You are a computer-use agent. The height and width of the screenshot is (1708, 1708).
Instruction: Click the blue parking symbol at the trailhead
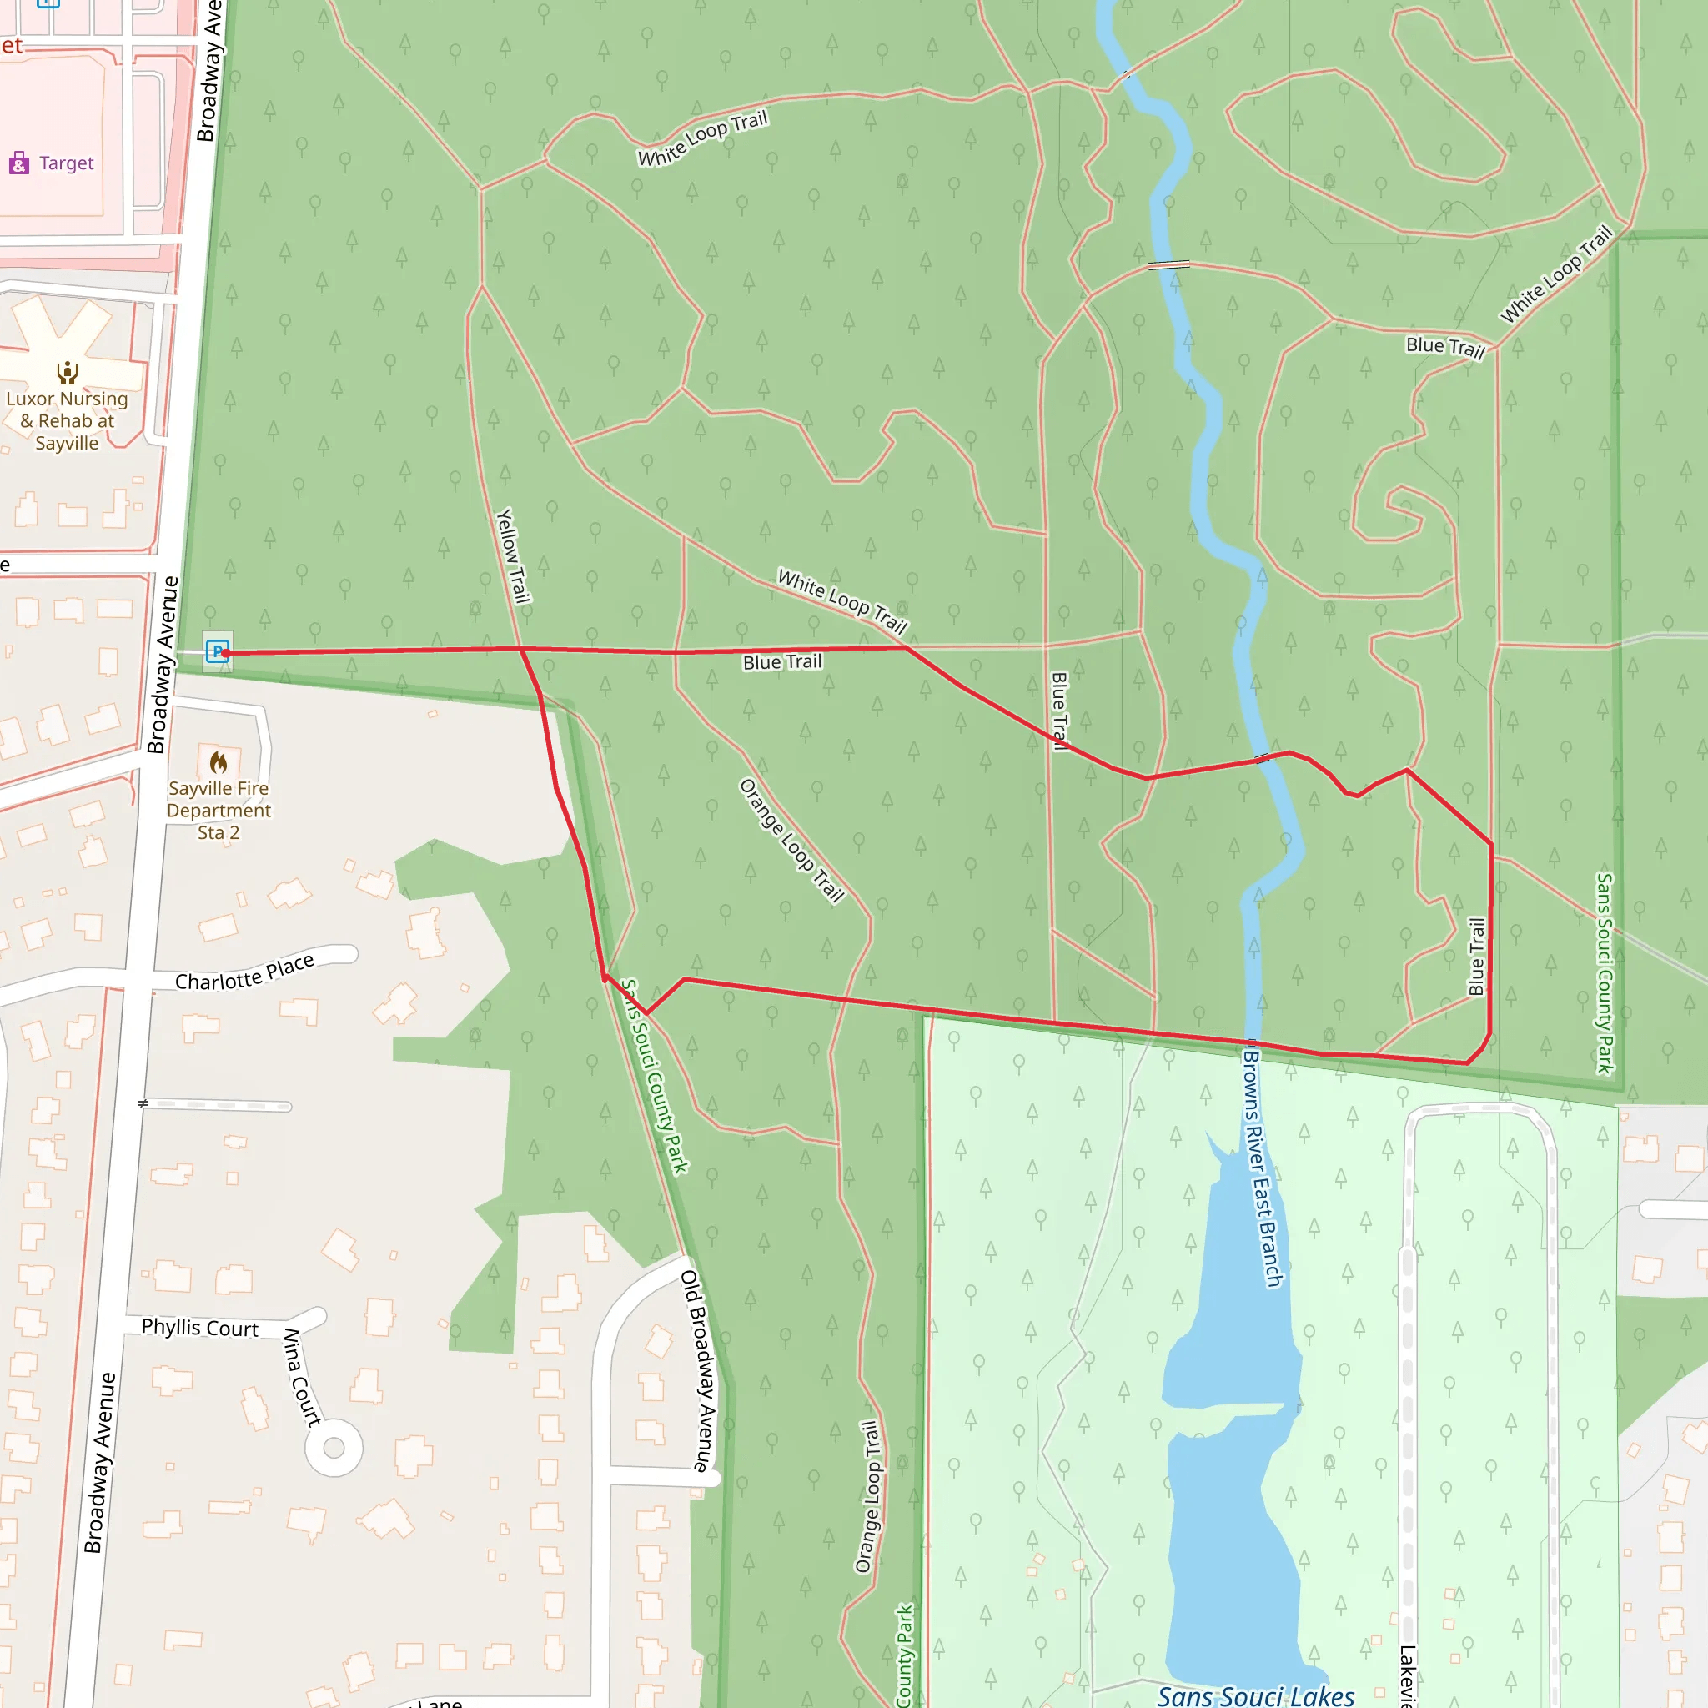click(217, 651)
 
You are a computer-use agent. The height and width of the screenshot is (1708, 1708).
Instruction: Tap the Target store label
click(67, 163)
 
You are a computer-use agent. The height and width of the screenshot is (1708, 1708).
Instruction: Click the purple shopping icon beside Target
click(18, 163)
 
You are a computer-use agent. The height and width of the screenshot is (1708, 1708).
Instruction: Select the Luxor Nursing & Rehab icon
click(68, 372)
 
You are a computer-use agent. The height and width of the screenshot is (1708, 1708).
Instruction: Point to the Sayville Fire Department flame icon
click(219, 762)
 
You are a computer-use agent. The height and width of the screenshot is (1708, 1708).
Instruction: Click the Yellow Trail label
click(513, 556)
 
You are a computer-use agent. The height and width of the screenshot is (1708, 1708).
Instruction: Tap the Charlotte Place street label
click(244, 973)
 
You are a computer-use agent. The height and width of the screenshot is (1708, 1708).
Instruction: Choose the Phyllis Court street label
click(200, 1328)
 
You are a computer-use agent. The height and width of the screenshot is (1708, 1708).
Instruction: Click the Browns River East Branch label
click(1263, 1167)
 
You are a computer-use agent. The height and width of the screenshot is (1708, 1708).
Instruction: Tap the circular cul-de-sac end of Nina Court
click(334, 1448)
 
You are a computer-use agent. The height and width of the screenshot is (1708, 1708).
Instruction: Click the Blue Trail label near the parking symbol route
click(782, 662)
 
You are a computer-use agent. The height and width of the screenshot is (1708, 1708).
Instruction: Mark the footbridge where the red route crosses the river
click(1263, 759)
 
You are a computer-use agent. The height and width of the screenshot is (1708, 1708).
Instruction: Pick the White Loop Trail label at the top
click(703, 138)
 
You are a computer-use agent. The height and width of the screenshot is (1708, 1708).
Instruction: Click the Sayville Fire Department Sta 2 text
click(219, 811)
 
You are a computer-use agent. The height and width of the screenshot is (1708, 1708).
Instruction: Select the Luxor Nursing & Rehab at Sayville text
click(68, 421)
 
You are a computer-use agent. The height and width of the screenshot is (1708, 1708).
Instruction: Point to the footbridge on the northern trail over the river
click(1168, 264)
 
